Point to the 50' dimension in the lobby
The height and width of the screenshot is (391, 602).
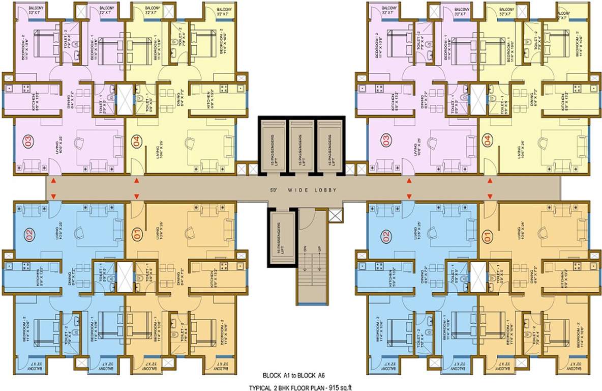[x=275, y=190]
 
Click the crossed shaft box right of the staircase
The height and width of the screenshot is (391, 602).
[x=336, y=214]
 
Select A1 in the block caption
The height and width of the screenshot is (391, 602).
[x=289, y=375]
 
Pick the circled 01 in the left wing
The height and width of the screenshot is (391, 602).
[x=137, y=236]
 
